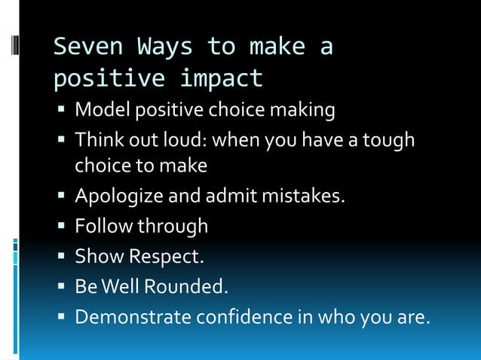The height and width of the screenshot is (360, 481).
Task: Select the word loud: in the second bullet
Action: point(179,141)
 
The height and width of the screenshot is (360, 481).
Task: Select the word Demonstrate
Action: point(133,317)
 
